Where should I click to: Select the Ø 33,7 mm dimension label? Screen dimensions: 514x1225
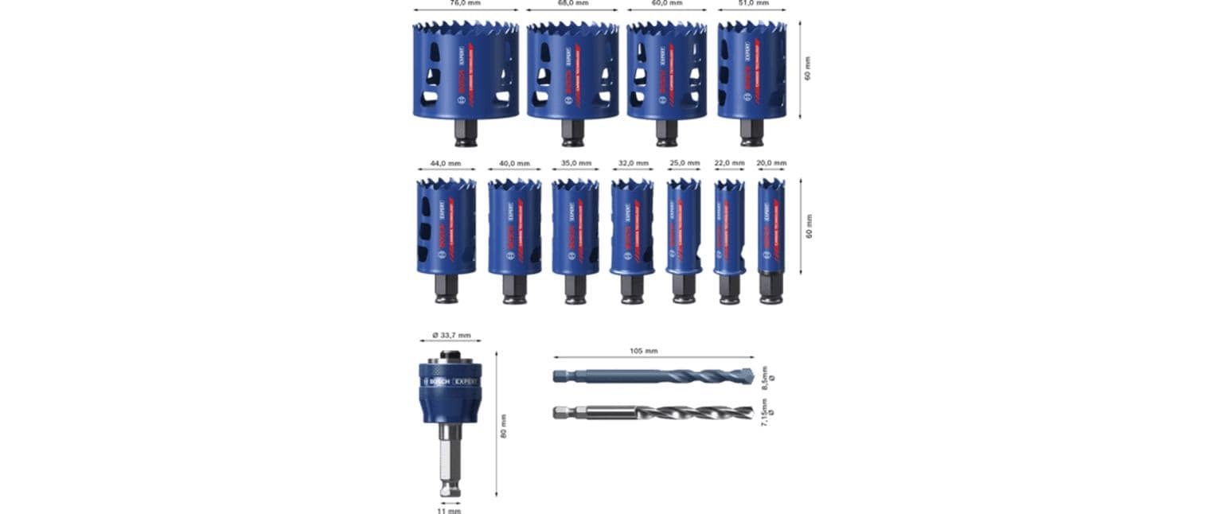tap(451, 335)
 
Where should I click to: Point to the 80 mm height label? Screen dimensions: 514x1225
tap(504, 426)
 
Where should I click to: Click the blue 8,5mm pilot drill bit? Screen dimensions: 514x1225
tap(653, 376)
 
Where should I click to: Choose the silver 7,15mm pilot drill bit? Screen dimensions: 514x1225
tap(653, 412)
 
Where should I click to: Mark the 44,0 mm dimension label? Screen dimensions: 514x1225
tap(446, 164)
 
